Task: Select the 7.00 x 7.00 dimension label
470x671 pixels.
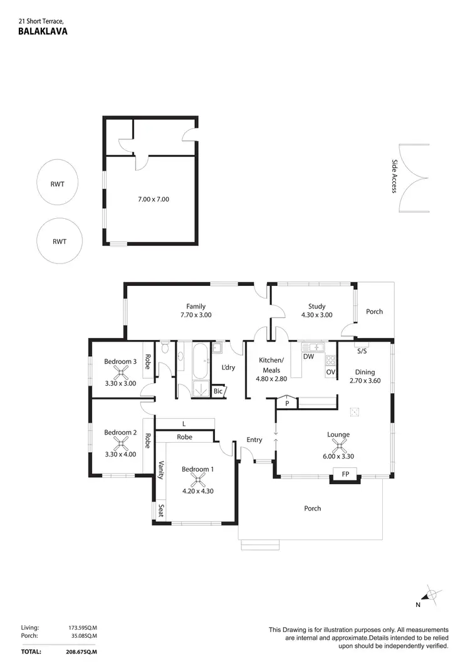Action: click(154, 199)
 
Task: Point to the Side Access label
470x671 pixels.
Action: click(395, 176)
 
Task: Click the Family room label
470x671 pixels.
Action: click(196, 306)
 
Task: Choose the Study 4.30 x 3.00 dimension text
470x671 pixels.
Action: click(316, 315)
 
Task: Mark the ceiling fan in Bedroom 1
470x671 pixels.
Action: click(198, 480)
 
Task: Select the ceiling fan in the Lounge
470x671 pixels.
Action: click(338, 446)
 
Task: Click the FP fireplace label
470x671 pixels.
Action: click(345, 475)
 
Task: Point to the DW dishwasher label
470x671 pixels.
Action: click(308, 357)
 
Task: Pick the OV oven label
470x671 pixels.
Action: click(330, 372)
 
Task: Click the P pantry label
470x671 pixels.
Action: click(287, 403)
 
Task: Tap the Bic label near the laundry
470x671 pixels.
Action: click(218, 391)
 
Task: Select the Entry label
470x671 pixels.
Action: click(254, 440)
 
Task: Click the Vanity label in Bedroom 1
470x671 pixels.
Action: click(161, 470)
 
